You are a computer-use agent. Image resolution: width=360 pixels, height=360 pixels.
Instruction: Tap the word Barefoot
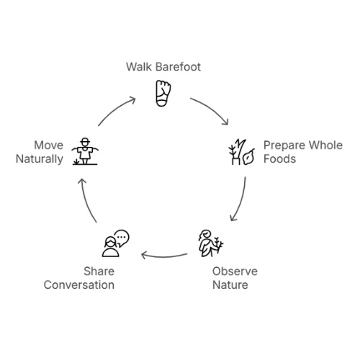click(178, 67)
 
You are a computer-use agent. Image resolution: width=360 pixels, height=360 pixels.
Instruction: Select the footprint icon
click(163, 94)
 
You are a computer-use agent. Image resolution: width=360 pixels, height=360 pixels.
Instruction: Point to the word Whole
click(325, 145)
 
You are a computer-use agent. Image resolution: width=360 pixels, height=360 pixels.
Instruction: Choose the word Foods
click(279, 159)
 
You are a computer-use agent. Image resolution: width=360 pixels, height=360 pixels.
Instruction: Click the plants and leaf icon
click(241, 152)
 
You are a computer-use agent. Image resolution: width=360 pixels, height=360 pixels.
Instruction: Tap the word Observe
click(235, 271)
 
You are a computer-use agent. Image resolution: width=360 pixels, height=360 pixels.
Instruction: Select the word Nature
click(230, 285)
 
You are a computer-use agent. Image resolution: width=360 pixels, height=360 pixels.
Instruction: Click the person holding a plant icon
click(211, 243)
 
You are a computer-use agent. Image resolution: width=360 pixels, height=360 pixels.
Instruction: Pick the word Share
click(99, 271)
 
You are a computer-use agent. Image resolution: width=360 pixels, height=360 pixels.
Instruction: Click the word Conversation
click(79, 285)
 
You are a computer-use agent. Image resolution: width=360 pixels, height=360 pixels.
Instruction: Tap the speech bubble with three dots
click(122, 238)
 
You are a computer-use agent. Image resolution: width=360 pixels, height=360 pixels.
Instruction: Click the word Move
click(49, 145)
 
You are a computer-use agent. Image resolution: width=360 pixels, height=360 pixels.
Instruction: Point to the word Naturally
click(40, 159)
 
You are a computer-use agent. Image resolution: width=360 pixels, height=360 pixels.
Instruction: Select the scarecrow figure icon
click(85, 151)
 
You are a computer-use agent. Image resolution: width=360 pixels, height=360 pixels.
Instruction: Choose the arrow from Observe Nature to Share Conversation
click(164, 257)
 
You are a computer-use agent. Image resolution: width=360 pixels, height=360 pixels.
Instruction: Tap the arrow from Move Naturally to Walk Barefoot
click(114, 109)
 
